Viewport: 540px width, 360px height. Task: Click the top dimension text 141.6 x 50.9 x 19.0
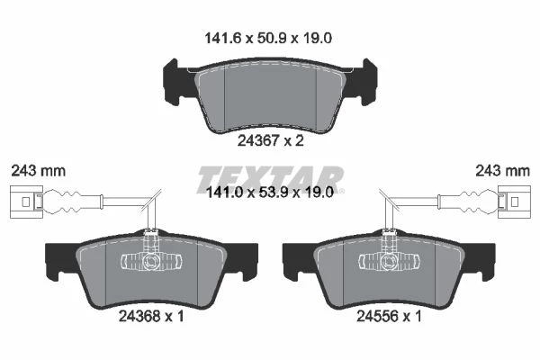click(268, 38)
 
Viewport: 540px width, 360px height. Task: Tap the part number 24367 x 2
click(271, 140)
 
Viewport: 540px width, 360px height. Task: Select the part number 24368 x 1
click(151, 316)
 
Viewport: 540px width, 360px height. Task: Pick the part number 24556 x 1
click(389, 316)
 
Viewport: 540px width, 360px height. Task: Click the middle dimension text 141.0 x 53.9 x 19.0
click(269, 193)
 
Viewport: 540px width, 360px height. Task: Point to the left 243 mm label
click(38, 171)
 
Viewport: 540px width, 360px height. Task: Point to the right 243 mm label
click(502, 171)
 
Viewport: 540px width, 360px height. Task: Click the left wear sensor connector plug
click(26, 202)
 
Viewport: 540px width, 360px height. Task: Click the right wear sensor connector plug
click(514, 202)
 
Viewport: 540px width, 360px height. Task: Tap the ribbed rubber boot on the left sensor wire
click(73, 202)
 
